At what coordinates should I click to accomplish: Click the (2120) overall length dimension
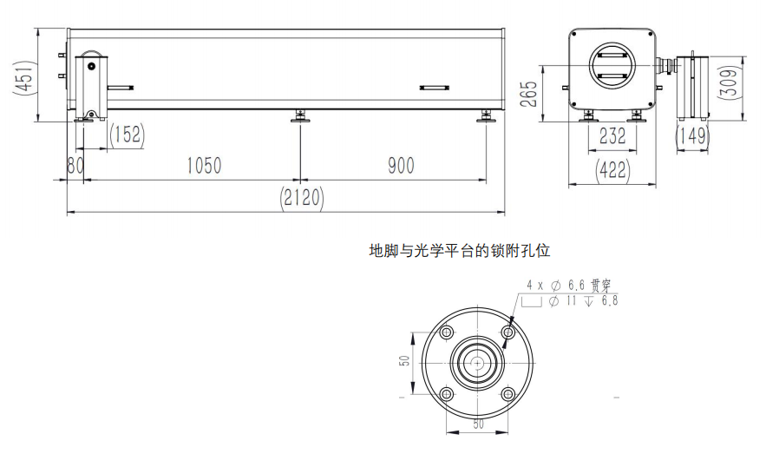coord(301,197)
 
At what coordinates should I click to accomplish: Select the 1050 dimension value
coord(204,166)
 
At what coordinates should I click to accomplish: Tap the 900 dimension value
coord(401,166)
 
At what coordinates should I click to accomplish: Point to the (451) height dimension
coord(23,76)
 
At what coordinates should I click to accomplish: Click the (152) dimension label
coord(127,134)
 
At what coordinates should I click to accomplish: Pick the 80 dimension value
coord(75,166)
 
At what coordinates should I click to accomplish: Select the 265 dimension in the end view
coord(528,94)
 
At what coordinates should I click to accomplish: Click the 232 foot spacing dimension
coord(612,136)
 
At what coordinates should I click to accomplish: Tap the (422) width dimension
coord(612,169)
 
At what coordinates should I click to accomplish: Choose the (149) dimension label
coord(693,135)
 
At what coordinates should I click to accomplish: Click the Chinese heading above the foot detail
coord(459,251)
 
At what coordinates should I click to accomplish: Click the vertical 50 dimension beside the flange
coord(405,360)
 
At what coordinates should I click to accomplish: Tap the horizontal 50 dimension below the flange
coord(478,424)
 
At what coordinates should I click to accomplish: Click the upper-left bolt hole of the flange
coord(446,332)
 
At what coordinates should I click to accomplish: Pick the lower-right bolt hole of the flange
coord(508,394)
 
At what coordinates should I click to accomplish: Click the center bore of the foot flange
coord(477,363)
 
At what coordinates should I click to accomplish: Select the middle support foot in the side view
coord(300,116)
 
